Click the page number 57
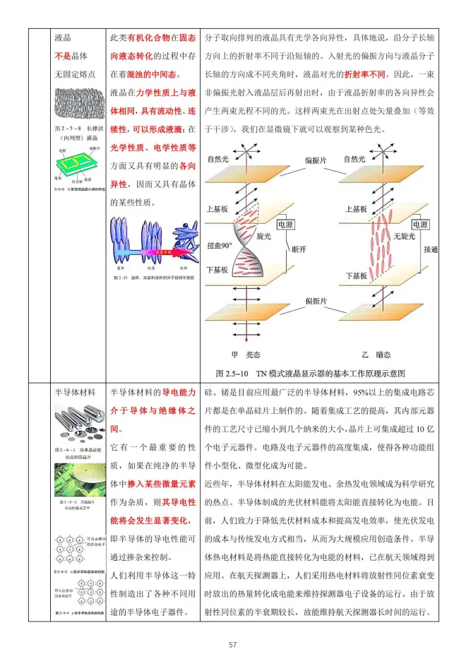click(233, 643)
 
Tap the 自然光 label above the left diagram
click(221, 160)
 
